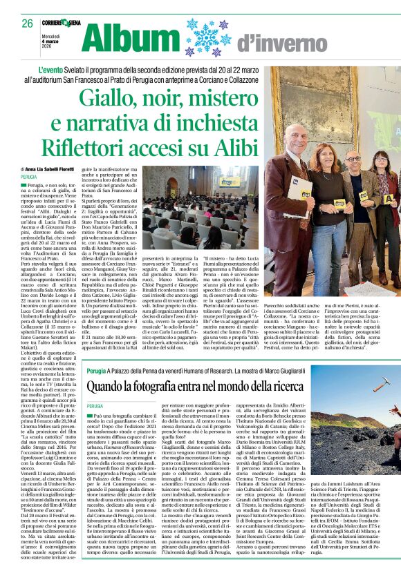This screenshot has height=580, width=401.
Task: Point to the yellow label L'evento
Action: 72,71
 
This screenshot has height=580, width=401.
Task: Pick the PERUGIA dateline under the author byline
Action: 30,177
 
